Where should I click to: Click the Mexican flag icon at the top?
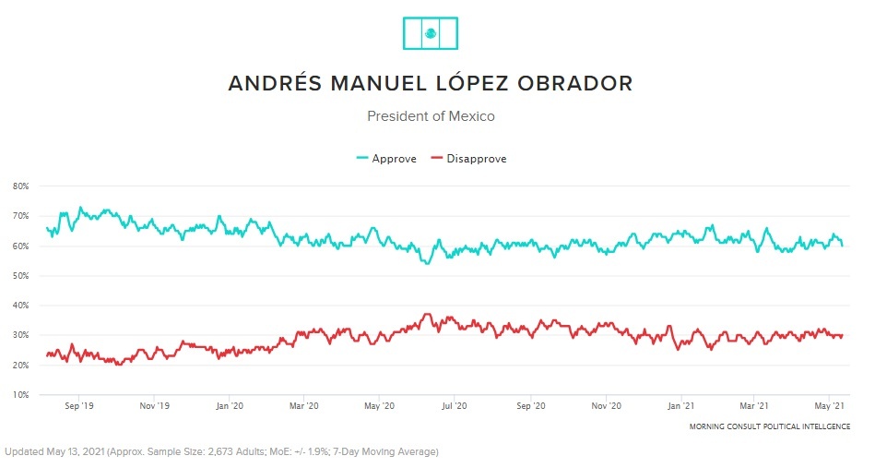coord(431,33)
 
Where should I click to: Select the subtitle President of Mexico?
coord(431,116)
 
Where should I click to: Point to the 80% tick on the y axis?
coord(20,186)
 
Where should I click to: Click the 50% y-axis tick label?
coord(20,276)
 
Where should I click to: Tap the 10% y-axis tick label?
coord(20,395)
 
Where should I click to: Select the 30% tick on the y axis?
coord(20,335)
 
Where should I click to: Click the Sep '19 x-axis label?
coord(79,405)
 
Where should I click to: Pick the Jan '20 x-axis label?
coord(229,405)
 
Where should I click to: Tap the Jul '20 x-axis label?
coord(455,405)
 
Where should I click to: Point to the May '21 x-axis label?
coord(832,405)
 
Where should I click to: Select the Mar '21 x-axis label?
coord(755,405)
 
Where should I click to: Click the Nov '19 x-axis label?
coord(155,405)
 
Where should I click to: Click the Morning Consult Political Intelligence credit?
coord(769,426)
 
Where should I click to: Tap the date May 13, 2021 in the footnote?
coord(83,452)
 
